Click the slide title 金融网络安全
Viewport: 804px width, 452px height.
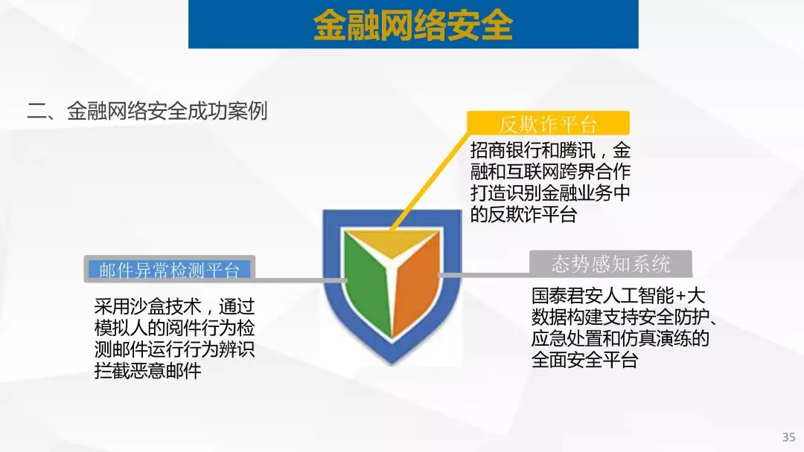[412, 25]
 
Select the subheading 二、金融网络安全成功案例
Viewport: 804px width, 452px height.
[147, 111]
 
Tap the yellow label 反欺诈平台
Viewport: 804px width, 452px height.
[548, 124]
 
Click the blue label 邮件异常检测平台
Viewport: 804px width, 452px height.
[169, 270]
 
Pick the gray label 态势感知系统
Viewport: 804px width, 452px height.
[610, 264]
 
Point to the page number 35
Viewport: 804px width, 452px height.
[788, 437]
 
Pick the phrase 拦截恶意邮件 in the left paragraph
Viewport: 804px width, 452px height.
[147, 371]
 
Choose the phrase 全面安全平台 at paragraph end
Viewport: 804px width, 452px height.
[585, 360]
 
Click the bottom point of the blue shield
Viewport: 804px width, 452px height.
[392, 364]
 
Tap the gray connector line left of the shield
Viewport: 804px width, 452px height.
[300, 280]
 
